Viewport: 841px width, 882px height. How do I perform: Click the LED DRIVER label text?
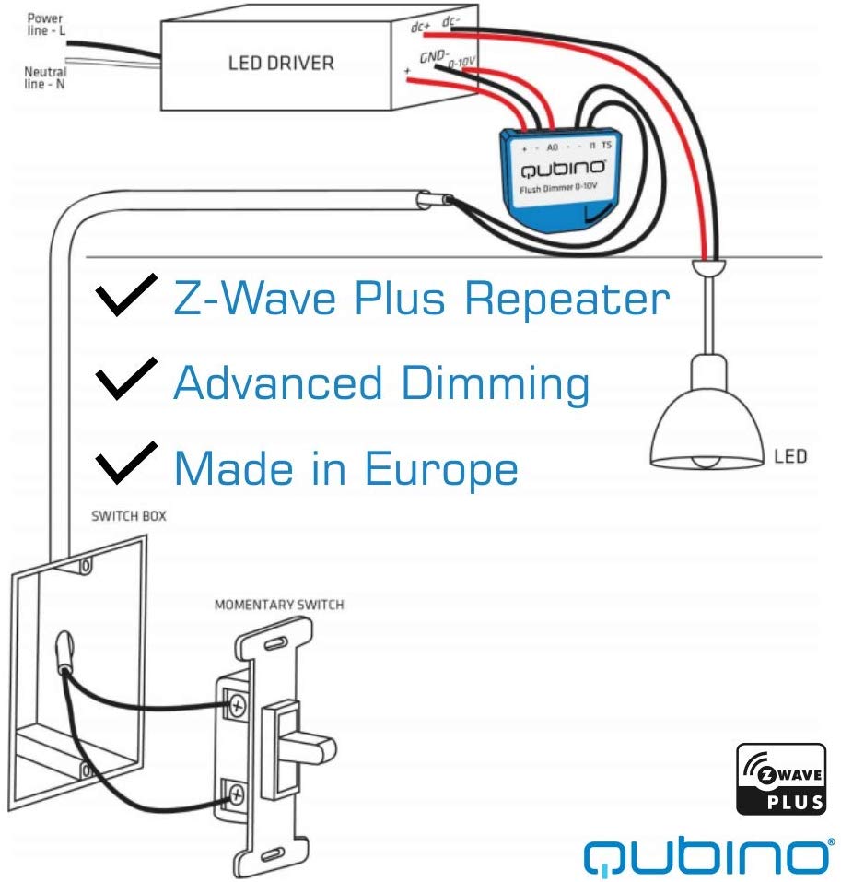click(281, 64)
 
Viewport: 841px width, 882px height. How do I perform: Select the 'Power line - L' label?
click(45, 24)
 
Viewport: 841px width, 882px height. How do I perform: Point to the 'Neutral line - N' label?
click(45, 77)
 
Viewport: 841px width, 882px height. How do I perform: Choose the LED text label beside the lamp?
click(790, 455)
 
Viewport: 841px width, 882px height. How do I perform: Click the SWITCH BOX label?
click(129, 516)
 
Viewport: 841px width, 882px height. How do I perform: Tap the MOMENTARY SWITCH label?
click(279, 606)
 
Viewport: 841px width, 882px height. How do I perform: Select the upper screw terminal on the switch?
click(238, 707)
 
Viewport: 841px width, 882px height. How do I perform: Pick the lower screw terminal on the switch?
click(237, 792)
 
